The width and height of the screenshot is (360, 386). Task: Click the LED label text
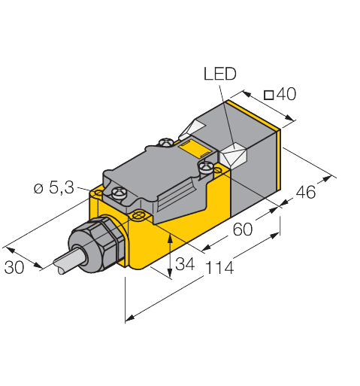pyautogui.click(x=220, y=73)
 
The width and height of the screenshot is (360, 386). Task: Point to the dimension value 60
pyautogui.click(x=241, y=230)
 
